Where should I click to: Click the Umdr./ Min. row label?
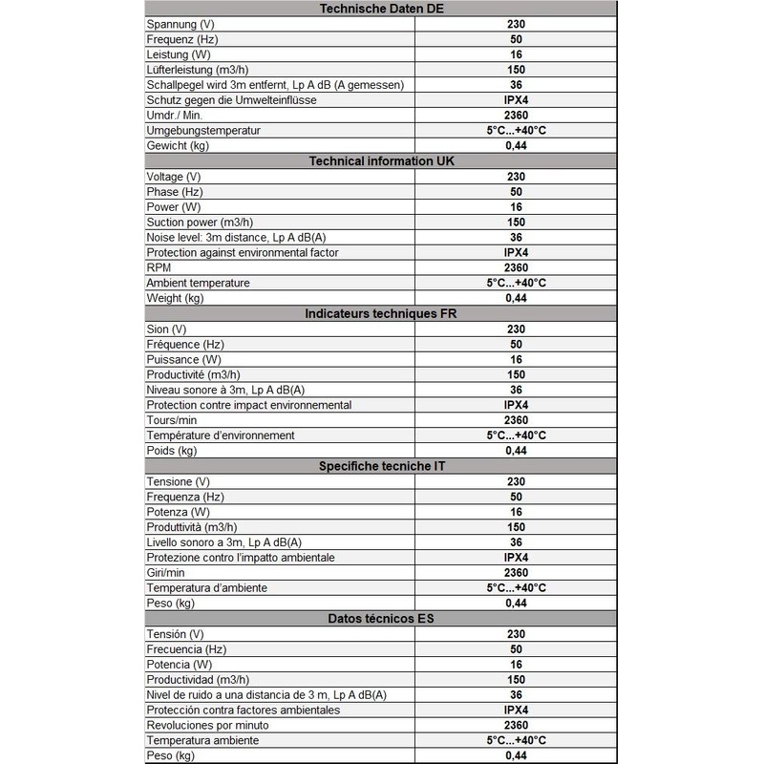pos(175,116)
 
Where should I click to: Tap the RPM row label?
pos(159,267)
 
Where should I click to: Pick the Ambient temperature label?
pos(198,283)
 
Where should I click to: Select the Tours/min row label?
pos(173,419)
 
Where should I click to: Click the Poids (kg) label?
pos(172,450)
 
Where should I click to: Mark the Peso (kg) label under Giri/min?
pos(171,603)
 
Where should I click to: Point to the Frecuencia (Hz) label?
pos(185,648)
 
